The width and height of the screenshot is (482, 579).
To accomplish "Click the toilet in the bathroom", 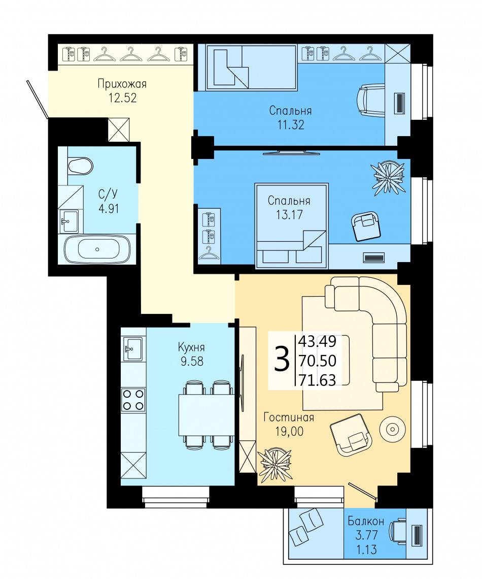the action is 80,166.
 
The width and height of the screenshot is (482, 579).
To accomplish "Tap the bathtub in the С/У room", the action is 97,249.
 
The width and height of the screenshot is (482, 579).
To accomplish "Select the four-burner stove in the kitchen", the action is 133,400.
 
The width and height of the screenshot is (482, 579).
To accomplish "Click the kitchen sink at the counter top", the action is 133,348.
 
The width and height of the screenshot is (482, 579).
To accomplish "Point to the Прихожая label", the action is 122,84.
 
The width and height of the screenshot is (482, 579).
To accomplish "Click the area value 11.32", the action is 291,125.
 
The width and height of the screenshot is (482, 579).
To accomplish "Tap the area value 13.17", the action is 290,214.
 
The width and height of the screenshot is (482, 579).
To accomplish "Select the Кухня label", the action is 191,347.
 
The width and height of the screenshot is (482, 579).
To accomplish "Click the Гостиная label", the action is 289,417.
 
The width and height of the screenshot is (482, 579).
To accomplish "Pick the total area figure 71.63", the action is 318,379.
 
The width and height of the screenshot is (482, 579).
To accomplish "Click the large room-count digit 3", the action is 282,360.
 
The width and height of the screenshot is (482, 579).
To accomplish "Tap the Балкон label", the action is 366,521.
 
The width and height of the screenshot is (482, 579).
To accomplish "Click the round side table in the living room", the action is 393,429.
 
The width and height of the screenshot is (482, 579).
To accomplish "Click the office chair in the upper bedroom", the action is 370,100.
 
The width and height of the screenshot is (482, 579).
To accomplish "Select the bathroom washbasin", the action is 70,221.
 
